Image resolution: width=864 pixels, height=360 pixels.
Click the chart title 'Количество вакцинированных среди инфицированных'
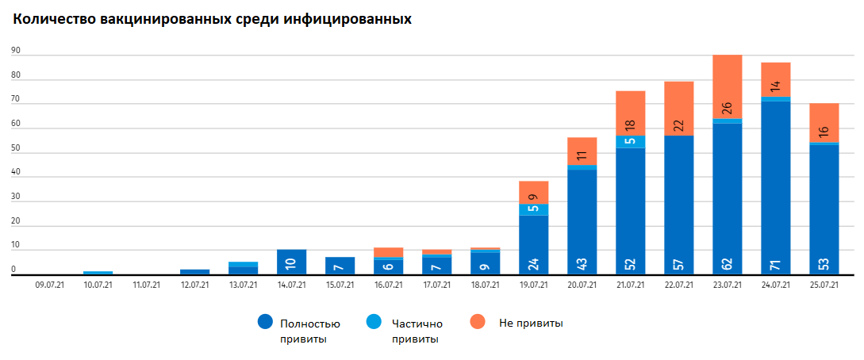(211, 18)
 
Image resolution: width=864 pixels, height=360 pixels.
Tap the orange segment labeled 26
(727, 87)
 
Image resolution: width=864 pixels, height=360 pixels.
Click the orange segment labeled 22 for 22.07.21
(678, 109)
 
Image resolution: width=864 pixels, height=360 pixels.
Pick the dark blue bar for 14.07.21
(291, 262)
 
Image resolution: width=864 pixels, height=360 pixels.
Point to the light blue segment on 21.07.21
(630, 142)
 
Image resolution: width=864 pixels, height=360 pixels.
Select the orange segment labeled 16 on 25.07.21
(824, 123)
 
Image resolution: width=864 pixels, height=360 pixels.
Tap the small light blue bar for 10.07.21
(98, 273)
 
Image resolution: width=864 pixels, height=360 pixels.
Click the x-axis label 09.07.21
(49, 284)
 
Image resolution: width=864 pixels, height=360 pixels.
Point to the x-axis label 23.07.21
(727, 284)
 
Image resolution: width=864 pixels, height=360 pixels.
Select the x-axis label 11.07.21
(146, 284)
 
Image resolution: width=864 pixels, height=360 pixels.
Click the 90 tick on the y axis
(15, 50)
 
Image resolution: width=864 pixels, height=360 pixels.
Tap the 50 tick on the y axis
(15, 147)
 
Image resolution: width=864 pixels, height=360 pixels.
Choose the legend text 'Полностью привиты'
(310, 331)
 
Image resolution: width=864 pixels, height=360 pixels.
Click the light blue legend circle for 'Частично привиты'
(372, 322)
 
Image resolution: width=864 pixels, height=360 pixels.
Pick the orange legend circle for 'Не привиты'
(477, 322)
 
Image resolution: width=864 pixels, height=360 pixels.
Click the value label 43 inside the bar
(582, 262)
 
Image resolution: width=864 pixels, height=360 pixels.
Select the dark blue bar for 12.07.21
(194, 272)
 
